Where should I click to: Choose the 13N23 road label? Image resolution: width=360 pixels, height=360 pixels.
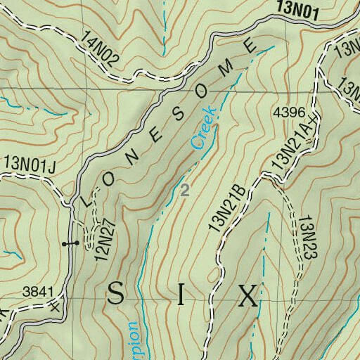coord(307,239)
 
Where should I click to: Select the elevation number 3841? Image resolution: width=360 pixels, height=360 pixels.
coord(38,291)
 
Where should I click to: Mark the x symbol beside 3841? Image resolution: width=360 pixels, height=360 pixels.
coord(55,306)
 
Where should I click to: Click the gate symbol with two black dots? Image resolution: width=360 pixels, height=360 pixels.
coord(70,244)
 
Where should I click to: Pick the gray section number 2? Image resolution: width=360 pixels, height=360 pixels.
coord(185,190)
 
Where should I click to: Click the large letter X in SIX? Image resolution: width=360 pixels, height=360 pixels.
coord(247,296)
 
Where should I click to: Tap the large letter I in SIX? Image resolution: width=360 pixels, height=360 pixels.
coord(180,296)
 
